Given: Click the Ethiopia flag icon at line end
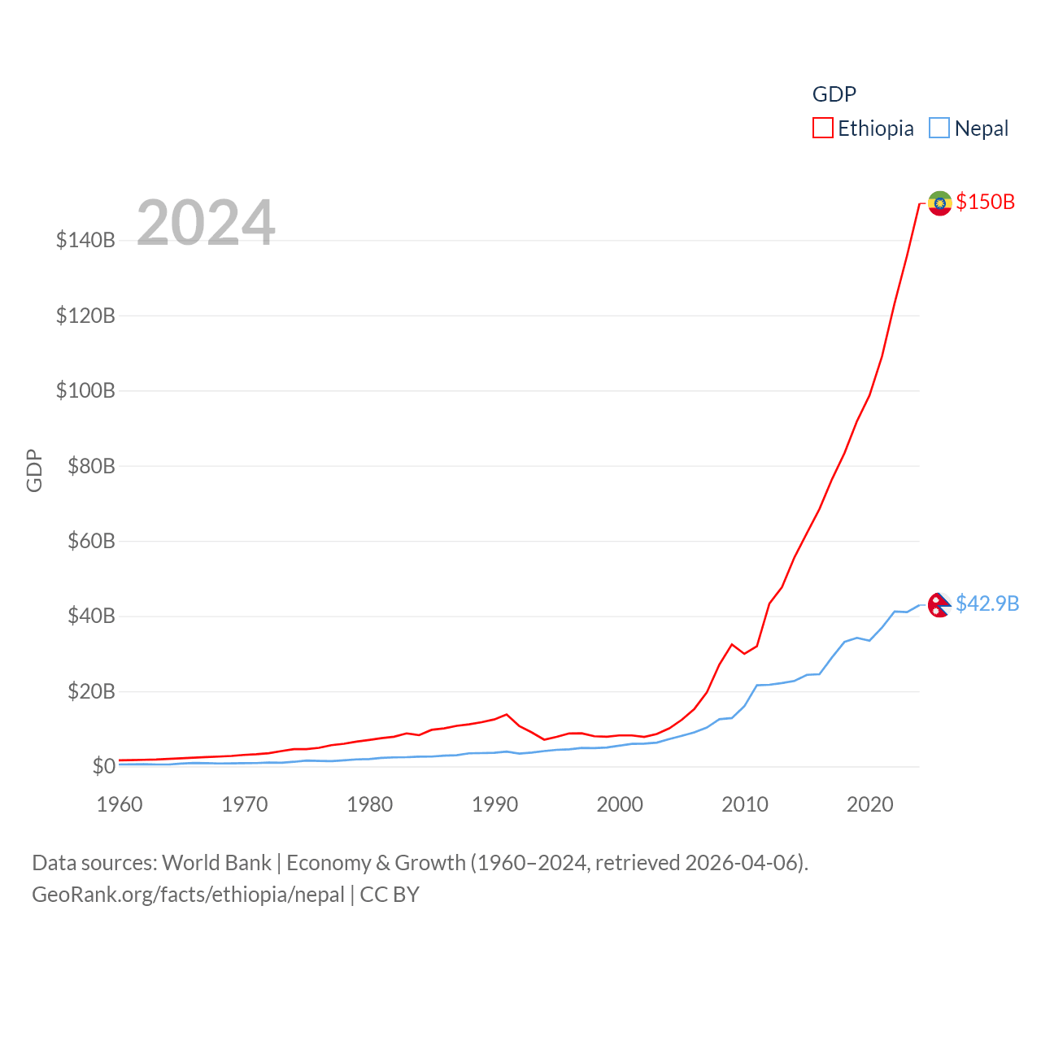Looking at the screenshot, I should pyautogui.click(x=939, y=203).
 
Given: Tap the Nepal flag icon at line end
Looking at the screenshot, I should pyautogui.click(x=939, y=604).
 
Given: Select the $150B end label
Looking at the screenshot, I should pyautogui.click(x=986, y=202).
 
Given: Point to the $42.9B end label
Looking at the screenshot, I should pyautogui.click(x=987, y=603).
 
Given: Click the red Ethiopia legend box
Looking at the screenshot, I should pyautogui.click(x=823, y=128).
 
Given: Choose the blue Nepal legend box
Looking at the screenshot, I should pyautogui.click(x=939, y=128).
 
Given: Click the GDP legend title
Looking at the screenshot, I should pyautogui.click(x=834, y=94).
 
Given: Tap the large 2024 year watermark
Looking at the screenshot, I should pyautogui.click(x=206, y=223).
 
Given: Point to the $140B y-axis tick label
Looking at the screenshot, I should pyautogui.click(x=85, y=240).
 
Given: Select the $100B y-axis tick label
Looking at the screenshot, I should pyautogui.click(x=85, y=390).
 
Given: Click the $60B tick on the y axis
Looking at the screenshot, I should pyautogui.click(x=91, y=541).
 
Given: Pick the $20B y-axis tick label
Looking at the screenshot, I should pyautogui.click(x=91, y=691).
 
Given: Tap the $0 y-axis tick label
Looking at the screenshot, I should pyautogui.click(x=103, y=766).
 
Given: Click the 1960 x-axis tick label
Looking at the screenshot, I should pyautogui.click(x=120, y=804).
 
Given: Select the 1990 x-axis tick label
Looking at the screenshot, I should pyautogui.click(x=495, y=804).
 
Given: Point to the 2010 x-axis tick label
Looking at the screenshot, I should pyautogui.click(x=745, y=804).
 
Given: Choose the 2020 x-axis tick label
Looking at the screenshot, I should pyautogui.click(x=870, y=804).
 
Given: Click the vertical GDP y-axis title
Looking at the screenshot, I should pyautogui.click(x=34, y=470).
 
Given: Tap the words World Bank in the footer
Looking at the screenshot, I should pyautogui.click(x=216, y=863).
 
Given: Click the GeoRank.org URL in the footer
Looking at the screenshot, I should pyautogui.click(x=188, y=895).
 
